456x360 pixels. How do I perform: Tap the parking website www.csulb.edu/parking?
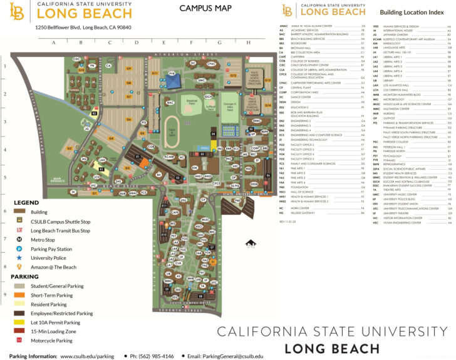tap(87, 356)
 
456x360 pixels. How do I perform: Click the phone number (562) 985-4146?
tap(152, 356)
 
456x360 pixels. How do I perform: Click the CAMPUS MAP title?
tap(198, 8)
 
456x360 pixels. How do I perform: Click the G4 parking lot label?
tap(128, 119)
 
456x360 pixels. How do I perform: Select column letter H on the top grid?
tap(249, 43)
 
